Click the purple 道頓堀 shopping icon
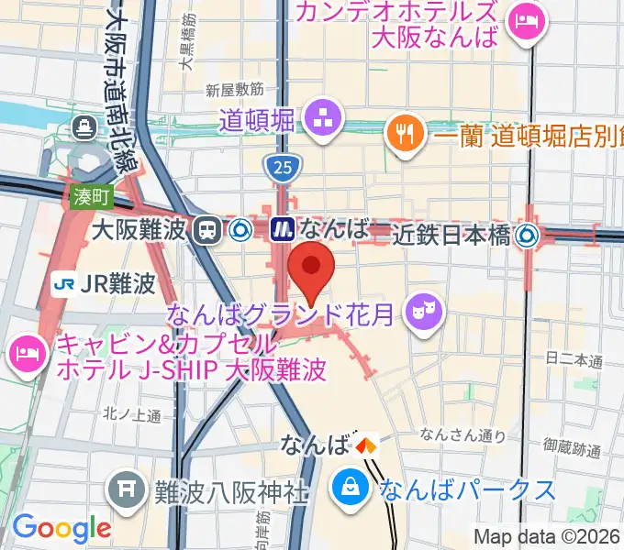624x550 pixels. pyautogui.click(x=323, y=118)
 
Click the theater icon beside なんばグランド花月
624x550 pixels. pyautogui.click(x=425, y=312)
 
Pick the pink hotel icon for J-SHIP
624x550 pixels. pyautogui.click(x=25, y=354)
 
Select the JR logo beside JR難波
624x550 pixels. pyautogui.click(x=64, y=282)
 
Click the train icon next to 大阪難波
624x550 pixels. pyautogui.click(x=207, y=230)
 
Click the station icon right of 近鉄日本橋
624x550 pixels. pyautogui.click(x=527, y=236)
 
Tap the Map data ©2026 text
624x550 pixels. pyautogui.click(x=547, y=537)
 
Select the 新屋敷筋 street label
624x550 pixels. pyautogui.click(x=235, y=90)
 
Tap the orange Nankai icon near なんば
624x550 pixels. pyautogui.click(x=366, y=446)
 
